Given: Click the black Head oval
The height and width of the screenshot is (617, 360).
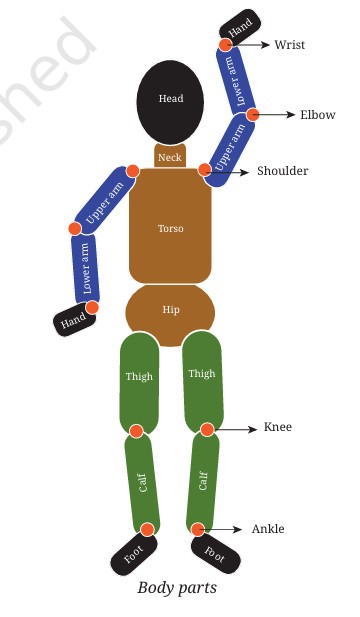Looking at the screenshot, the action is pos(170,102).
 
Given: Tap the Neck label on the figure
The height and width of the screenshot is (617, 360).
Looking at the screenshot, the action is pos(170,158).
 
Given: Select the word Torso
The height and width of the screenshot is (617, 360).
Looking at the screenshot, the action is pos(170,228).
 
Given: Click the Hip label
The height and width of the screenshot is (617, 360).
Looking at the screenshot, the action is pos(171,310).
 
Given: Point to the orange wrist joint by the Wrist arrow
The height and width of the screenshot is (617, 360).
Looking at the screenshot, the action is pos(225,44).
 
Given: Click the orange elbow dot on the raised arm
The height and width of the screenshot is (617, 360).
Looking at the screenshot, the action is pos(253,115).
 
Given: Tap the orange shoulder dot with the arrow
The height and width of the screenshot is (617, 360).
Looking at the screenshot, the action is pos(205,170).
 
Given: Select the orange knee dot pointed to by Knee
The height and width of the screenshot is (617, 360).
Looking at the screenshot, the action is pos(207,430).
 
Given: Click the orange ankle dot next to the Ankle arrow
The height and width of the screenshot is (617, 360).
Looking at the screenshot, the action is pos(198,529).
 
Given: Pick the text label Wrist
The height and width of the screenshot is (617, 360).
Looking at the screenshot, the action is pos(290,44).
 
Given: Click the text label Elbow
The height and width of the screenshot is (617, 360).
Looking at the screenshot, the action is pos(318,115).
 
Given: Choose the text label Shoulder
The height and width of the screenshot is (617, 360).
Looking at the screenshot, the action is pos(282,171).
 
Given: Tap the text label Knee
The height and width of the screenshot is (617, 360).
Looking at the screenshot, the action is pos(278,427).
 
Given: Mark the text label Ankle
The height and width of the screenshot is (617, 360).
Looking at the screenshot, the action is pos(268,529).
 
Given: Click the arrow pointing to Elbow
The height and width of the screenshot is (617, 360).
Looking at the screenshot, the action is pos(274,115).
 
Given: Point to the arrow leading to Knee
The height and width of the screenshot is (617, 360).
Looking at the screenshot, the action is pos(233,429).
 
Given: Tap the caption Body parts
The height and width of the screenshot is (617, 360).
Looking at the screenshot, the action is pos(177,588).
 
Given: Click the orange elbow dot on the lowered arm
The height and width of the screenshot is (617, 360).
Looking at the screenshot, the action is pos(75,228).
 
